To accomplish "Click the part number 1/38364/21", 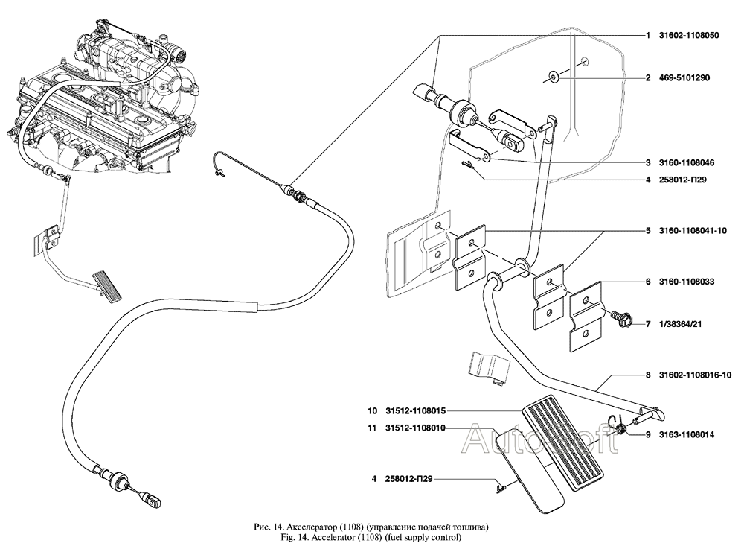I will (x=681, y=325).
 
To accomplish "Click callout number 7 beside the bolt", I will (x=648, y=325).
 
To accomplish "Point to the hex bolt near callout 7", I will (x=620, y=318).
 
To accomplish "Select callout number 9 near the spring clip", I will (x=648, y=434).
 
